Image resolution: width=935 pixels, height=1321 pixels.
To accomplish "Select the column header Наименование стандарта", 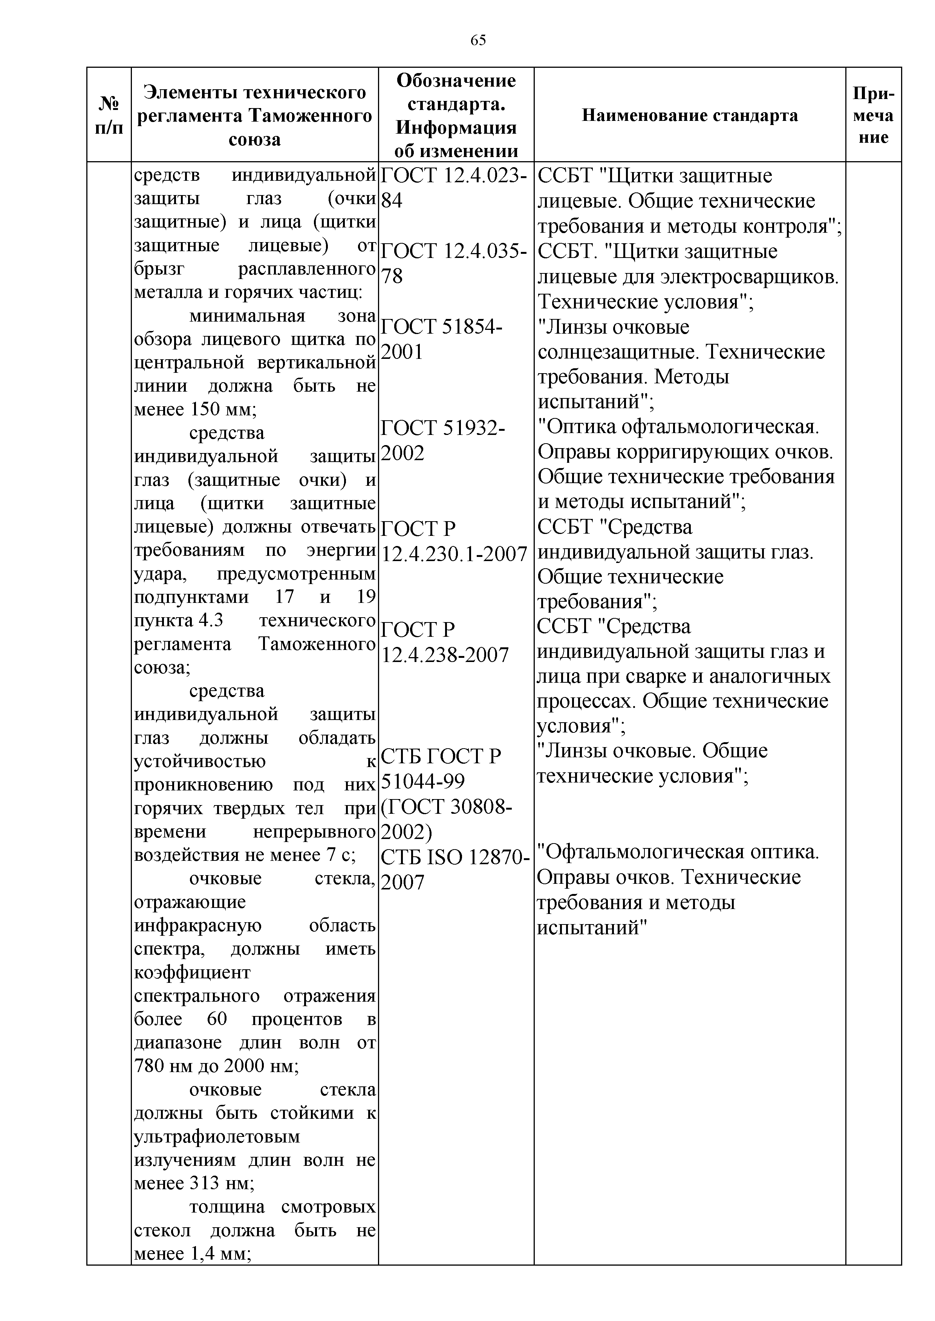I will click(x=690, y=116).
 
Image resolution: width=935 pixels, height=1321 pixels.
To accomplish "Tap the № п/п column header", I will click(x=109, y=116).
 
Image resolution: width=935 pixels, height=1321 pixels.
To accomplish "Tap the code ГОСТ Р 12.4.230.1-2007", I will click(x=454, y=541).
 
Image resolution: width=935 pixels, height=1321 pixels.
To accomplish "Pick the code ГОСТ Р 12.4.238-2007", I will click(x=445, y=642).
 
